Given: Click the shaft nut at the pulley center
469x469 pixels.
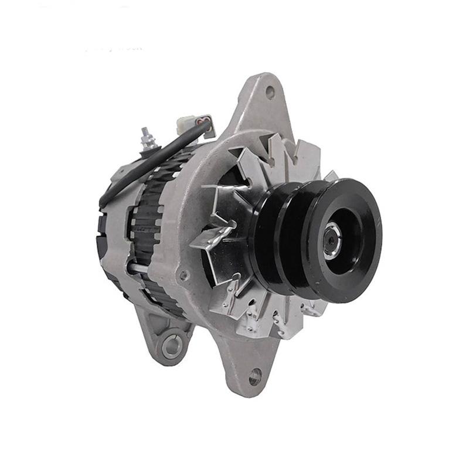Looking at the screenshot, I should tap(332, 240).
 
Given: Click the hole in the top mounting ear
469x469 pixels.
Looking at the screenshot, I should tap(270, 92).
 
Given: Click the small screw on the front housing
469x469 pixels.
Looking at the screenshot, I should tap(184, 274).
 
